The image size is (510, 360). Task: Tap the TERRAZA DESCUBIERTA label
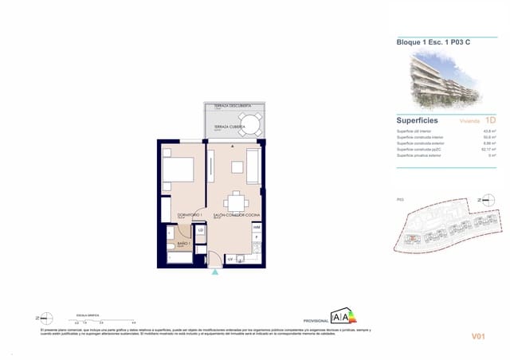233,106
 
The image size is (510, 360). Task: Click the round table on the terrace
250,125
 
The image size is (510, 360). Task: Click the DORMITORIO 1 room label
190,215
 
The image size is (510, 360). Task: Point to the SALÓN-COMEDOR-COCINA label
236,215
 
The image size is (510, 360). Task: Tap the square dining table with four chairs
236,202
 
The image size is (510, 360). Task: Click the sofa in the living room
254,167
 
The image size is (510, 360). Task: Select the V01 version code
479,337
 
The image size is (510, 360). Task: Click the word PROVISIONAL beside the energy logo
316,320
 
